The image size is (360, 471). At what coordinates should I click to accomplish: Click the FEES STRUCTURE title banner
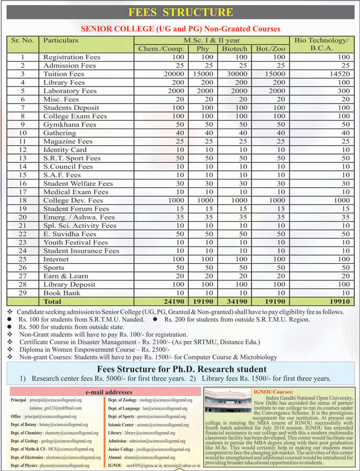pos(180,12)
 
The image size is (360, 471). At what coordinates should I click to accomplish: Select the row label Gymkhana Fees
pos(70,124)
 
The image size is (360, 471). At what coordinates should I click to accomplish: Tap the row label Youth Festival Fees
pos(75,242)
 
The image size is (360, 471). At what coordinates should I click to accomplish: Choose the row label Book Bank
pos(62,293)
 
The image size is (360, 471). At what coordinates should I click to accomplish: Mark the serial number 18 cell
pos(23,200)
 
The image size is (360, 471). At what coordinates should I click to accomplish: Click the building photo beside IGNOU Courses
pos(227,404)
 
